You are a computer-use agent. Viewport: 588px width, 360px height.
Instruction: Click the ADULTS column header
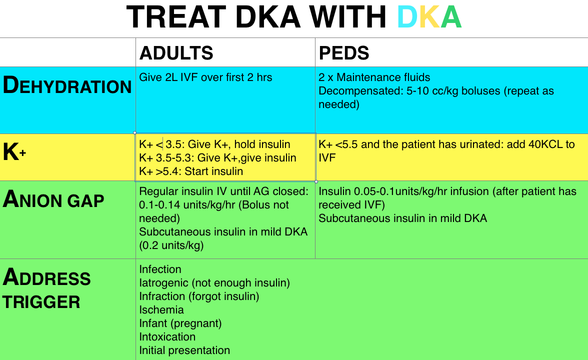[x=176, y=53]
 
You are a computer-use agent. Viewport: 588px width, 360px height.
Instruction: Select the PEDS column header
[x=344, y=53]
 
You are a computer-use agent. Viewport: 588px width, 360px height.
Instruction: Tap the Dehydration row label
[x=67, y=85]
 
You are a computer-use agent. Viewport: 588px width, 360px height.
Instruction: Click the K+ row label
[x=14, y=152]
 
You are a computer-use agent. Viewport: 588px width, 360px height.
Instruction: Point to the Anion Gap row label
[x=53, y=199]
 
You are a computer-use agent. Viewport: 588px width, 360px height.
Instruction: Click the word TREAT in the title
[x=176, y=17]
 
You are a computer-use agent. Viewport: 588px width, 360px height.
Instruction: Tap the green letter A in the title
[x=451, y=17]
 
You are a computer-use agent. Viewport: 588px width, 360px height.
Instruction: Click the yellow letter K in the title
[x=429, y=17]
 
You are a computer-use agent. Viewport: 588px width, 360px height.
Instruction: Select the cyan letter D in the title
[x=407, y=17]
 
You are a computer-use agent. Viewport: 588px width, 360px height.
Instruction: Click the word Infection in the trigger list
[x=160, y=269]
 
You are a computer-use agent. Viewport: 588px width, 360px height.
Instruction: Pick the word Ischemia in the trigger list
[x=161, y=310]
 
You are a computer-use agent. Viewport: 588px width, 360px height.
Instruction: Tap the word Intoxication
[x=167, y=337]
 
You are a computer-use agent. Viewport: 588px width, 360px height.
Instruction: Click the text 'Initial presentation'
[x=184, y=350]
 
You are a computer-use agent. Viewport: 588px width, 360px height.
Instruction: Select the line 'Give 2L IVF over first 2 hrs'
[x=205, y=77]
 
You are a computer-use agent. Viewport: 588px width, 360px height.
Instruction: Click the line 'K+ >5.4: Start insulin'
[x=191, y=171]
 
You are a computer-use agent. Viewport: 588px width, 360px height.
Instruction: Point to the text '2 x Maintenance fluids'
[x=374, y=77]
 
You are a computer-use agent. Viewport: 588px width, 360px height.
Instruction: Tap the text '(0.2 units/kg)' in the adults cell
[x=171, y=245]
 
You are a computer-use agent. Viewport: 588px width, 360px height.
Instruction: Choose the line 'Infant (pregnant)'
[x=180, y=323]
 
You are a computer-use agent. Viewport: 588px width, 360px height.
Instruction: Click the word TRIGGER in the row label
[x=41, y=302]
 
